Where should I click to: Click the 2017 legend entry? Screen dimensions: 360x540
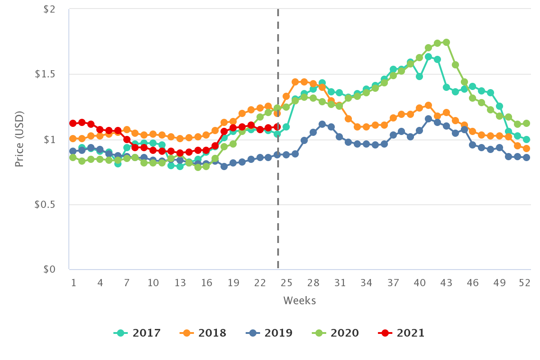[x=137, y=333]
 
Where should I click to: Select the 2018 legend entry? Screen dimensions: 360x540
[x=203, y=333]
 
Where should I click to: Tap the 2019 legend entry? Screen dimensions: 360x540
[x=269, y=333]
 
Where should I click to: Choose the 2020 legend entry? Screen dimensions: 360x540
[x=335, y=333]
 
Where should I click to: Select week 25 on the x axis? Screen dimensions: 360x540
[x=287, y=283]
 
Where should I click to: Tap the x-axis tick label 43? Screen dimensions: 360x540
[x=446, y=283]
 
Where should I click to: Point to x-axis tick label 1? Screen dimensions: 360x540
[x=73, y=283]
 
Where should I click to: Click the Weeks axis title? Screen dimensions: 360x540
[x=299, y=301]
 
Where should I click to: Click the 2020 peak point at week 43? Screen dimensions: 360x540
[x=446, y=42]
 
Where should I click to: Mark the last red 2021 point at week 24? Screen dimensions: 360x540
[x=277, y=127]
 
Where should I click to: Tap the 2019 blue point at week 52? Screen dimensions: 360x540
[x=526, y=157]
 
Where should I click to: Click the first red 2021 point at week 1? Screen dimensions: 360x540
[x=73, y=123]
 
